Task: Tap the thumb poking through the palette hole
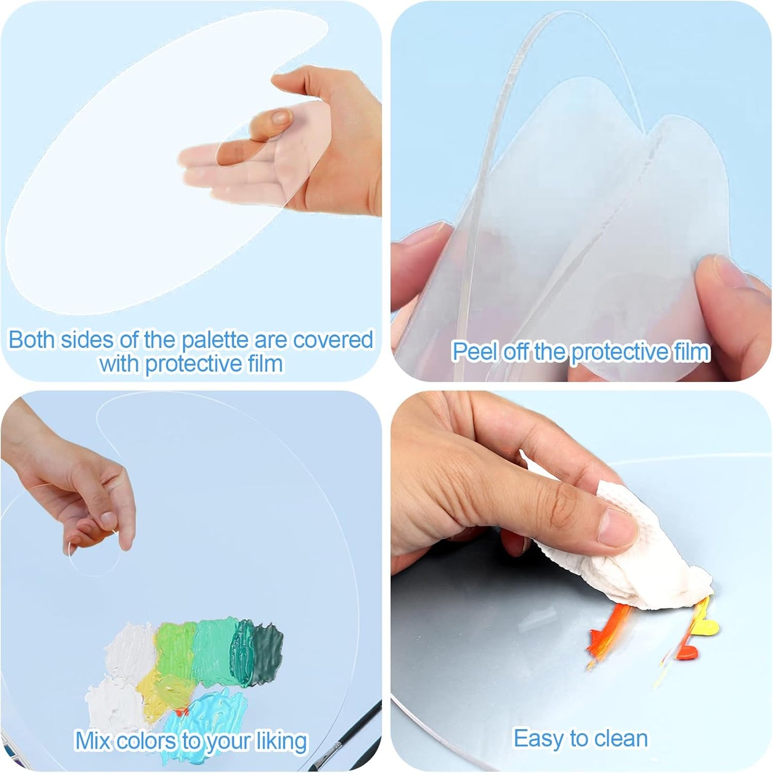point(278,120)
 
